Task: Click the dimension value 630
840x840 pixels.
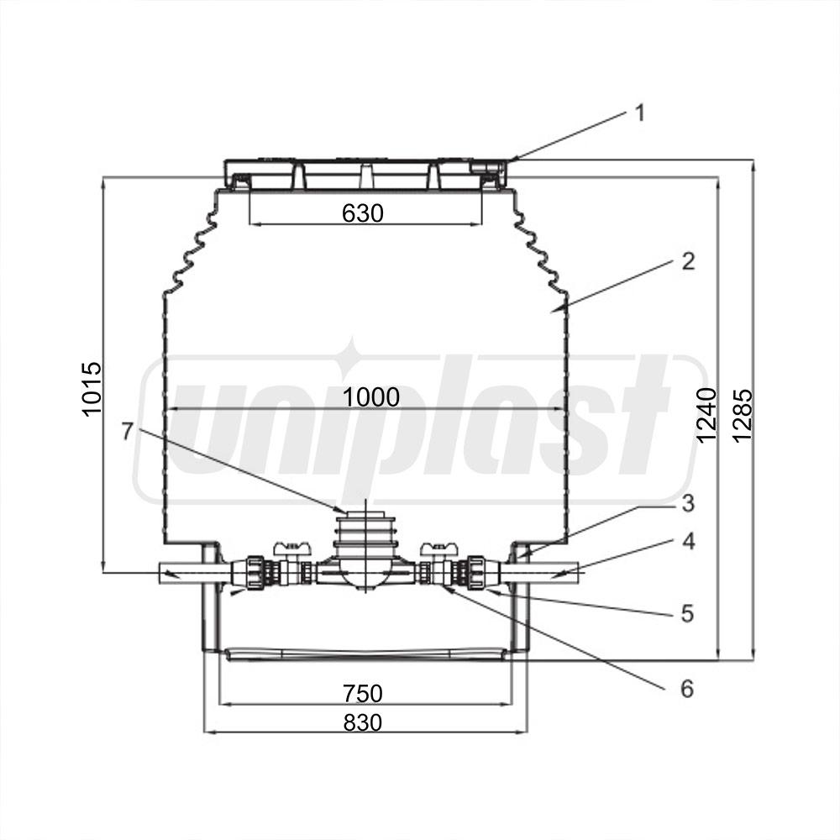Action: point(363,213)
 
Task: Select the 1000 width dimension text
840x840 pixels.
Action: point(370,397)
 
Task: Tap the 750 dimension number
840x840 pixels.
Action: point(363,693)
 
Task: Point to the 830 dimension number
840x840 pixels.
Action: point(363,722)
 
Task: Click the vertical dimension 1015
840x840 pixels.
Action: point(92,388)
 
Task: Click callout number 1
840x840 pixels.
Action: point(639,113)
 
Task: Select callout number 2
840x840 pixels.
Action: point(688,261)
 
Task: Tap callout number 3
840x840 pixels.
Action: point(688,503)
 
